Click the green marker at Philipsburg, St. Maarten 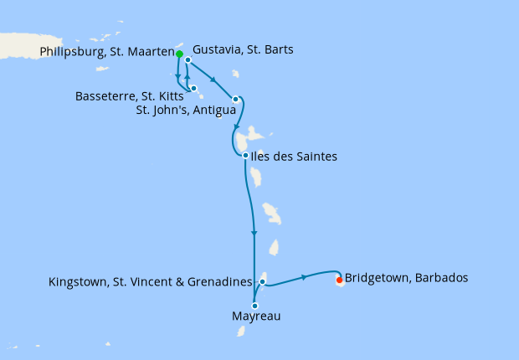point(179,54)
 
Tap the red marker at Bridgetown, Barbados point(339,280)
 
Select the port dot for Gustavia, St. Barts point(188,60)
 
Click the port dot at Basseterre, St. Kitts point(193,88)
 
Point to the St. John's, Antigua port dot point(236,100)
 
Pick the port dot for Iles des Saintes point(244,156)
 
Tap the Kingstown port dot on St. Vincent point(262,281)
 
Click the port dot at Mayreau point(254,306)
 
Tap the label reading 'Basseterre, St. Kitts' point(130,95)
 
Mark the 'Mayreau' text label point(255,317)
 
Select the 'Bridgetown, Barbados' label point(406,278)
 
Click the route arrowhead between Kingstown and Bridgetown point(304,276)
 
